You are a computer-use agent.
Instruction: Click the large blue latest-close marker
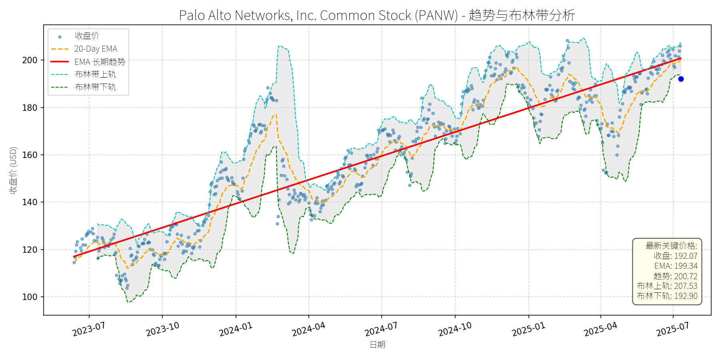point(681,79)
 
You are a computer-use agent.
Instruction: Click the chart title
point(377,15)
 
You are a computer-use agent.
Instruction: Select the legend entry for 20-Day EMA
point(96,49)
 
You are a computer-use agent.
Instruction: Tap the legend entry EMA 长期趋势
point(100,62)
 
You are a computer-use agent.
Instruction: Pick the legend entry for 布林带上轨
point(95,74)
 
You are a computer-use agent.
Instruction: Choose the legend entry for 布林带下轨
point(95,87)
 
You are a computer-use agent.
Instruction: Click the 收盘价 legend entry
point(87,36)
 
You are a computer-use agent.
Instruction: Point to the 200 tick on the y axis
point(30,60)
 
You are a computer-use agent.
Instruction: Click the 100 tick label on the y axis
point(30,297)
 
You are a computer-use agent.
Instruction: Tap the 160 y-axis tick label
point(30,155)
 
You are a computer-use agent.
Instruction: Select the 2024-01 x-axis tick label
point(236,330)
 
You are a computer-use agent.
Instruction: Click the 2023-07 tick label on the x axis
point(89,330)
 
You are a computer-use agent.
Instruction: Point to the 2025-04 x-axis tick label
point(600,330)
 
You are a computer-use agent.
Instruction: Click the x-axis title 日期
point(377,344)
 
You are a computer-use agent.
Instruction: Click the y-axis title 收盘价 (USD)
point(13,170)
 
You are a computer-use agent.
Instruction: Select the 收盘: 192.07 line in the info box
point(676,256)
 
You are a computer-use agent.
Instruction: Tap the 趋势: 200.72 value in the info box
point(676,276)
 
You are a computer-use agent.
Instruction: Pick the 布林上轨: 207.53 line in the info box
point(667,286)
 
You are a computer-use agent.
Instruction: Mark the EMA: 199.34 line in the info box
point(676,266)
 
